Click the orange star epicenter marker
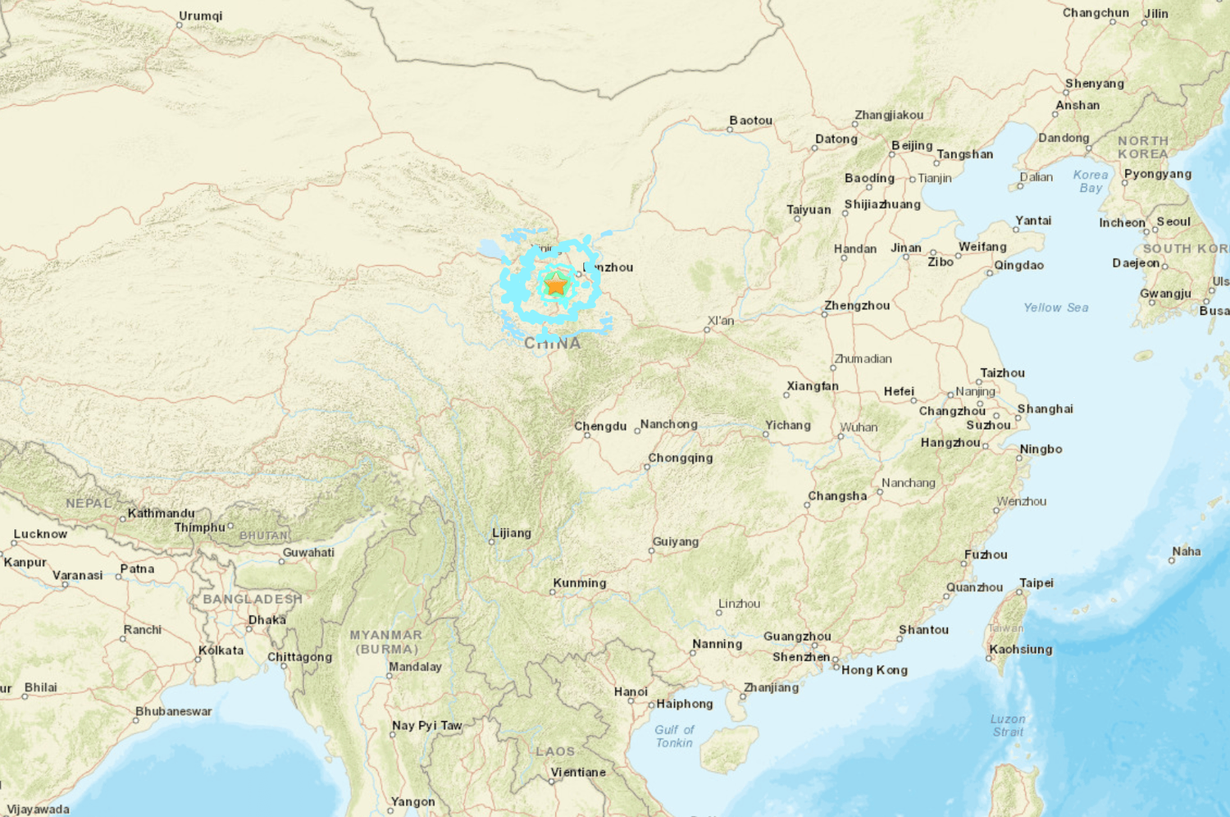tap(556, 285)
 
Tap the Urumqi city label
tap(200, 16)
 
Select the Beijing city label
tap(912, 146)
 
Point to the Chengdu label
tap(600, 427)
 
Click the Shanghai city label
tap(1045, 409)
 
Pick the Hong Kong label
tap(874, 670)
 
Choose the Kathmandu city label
tap(162, 513)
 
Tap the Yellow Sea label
tap(1055, 308)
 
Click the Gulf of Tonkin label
tap(674, 736)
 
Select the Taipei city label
tap(1036, 583)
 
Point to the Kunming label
tap(580, 583)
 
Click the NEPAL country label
tap(89, 503)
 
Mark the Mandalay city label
tap(415, 667)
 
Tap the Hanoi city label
tap(631, 692)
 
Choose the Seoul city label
tap(1173, 222)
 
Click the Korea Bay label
tap(1091, 181)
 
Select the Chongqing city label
tap(681, 459)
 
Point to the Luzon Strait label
tap(1008, 725)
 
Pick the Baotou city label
tap(750, 121)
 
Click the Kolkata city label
tap(221, 650)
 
